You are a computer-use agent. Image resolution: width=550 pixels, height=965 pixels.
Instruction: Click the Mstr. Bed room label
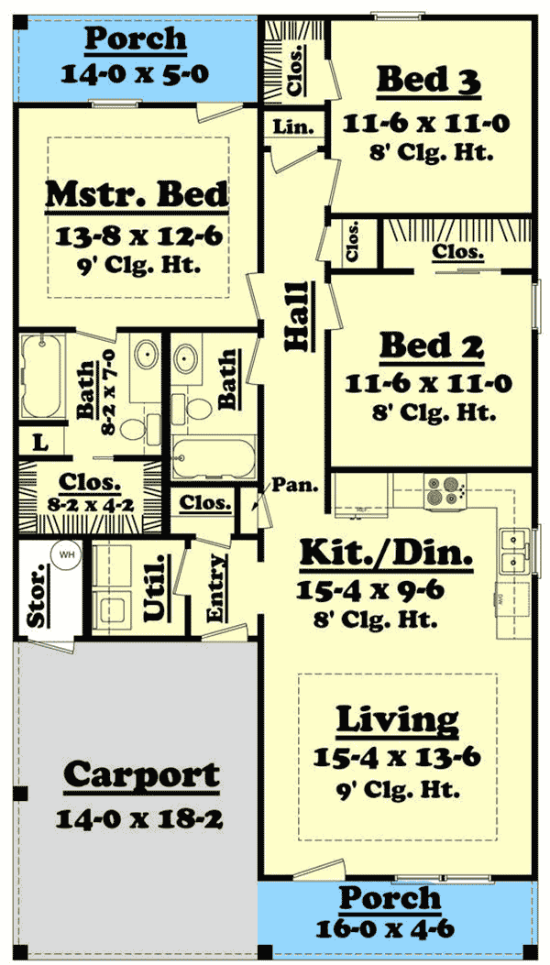[x=137, y=194]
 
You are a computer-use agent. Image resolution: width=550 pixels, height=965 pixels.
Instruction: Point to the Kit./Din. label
[x=387, y=554]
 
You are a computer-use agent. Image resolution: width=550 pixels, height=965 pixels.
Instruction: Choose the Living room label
[x=397, y=720]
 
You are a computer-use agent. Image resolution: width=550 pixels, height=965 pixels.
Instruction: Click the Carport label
[x=141, y=775]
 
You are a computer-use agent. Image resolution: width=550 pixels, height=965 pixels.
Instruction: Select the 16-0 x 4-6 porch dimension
[x=397, y=928]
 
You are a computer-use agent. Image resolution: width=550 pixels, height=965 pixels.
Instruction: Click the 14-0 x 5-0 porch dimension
[x=136, y=73]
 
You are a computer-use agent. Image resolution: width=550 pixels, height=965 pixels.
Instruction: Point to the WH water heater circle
[x=66, y=556]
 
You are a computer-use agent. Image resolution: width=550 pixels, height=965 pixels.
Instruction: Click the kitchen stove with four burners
[x=445, y=492]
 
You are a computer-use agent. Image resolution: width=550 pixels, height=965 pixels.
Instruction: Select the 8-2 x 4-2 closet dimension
[x=89, y=503]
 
